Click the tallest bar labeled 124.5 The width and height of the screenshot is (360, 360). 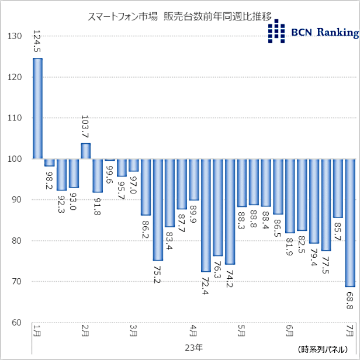(37, 108)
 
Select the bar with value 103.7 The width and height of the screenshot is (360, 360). (85, 151)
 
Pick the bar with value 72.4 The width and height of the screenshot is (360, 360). (205, 215)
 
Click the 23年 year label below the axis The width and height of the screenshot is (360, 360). (193, 347)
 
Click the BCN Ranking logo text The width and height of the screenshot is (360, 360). (324, 33)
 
